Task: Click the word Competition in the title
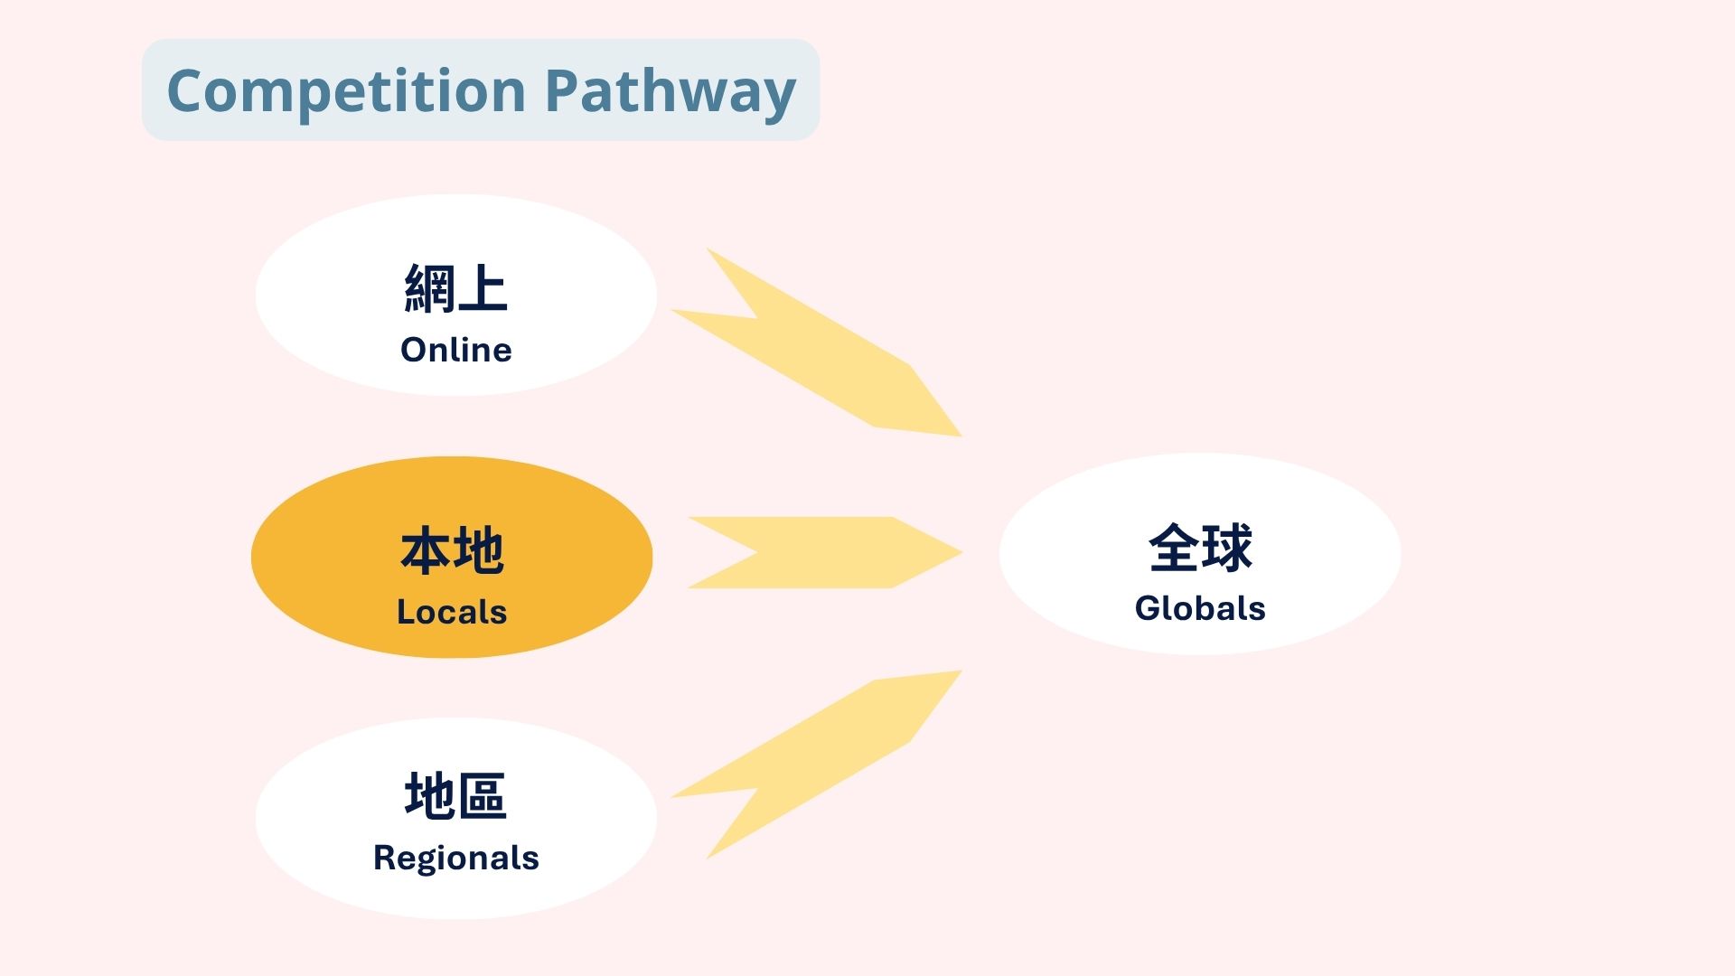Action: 346,92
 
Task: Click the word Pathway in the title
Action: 671,92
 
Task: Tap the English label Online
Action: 456,350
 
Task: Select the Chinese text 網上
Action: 456,288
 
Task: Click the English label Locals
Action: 452,612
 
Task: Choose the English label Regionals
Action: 456,858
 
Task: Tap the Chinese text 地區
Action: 456,795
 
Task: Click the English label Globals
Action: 1200,608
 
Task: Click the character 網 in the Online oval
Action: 429,288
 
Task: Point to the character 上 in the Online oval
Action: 483,288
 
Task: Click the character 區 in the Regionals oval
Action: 483,795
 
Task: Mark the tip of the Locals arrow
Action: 962,552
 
